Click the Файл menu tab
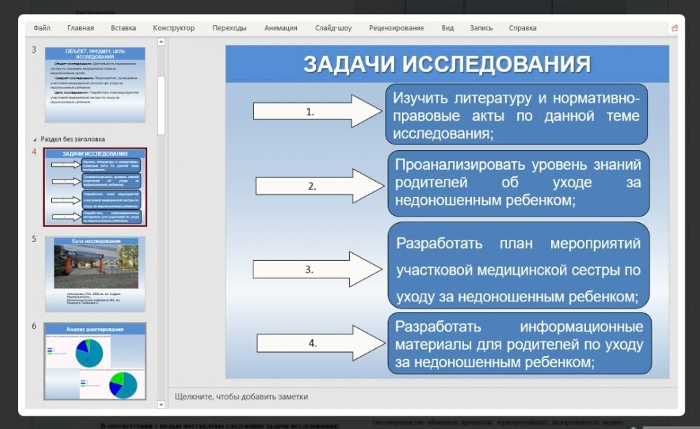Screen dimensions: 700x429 [41, 28]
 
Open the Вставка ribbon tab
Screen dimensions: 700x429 [123, 28]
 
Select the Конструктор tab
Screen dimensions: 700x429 [174, 28]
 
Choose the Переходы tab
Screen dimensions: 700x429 [230, 28]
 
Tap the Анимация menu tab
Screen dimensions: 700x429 [281, 28]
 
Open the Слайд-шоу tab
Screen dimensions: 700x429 [333, 28]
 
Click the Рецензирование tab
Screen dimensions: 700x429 [397, 28]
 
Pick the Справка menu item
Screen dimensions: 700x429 [523, 28]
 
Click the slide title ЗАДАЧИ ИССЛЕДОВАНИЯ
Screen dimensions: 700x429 [447, 64]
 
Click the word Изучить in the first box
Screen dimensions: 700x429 [421, 97]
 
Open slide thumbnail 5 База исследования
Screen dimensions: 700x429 [95, 273]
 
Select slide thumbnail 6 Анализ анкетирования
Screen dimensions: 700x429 [95, 361]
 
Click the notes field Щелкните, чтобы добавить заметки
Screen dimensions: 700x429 [241, 396]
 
